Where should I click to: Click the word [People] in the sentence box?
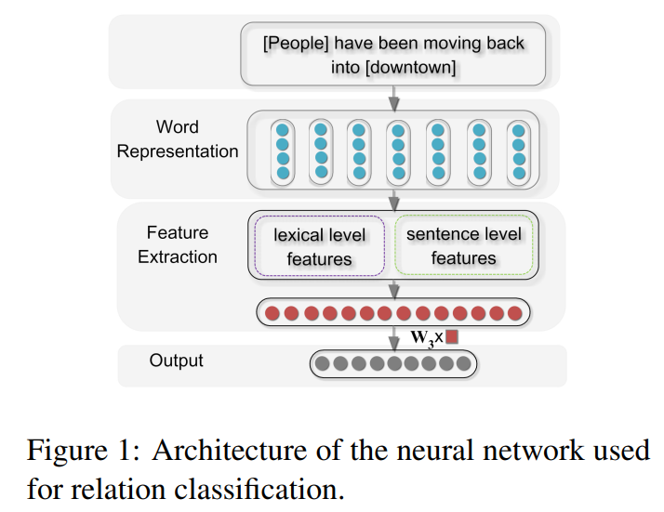296,44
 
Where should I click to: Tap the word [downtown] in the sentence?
410,68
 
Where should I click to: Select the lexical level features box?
319,246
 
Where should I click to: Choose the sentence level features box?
464,245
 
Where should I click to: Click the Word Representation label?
178,138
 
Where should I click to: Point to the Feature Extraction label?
178,244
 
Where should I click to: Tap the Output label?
176,361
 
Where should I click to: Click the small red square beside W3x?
452,336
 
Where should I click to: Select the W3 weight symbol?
422,338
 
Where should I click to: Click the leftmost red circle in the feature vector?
272,313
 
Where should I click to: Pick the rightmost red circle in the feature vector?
515,313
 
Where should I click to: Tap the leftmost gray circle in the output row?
323,363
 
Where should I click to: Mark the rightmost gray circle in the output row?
464,363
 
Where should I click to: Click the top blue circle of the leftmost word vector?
283,130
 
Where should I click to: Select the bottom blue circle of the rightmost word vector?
519,173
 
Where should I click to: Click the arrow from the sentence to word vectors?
394,98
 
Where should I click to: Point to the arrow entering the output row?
394,338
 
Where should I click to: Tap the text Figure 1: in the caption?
84,450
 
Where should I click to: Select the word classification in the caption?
259,489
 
